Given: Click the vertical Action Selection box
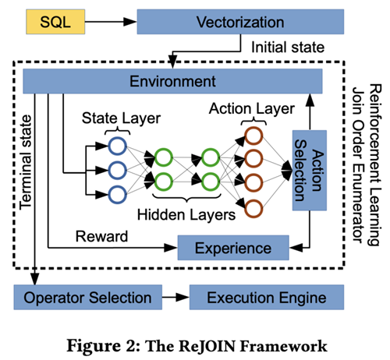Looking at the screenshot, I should [307, 170].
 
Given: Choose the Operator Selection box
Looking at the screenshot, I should [87, 297].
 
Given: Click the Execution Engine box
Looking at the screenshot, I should [264, 297].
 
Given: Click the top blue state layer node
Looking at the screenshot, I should [116, 145].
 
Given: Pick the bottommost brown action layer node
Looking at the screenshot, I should [253, 207].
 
